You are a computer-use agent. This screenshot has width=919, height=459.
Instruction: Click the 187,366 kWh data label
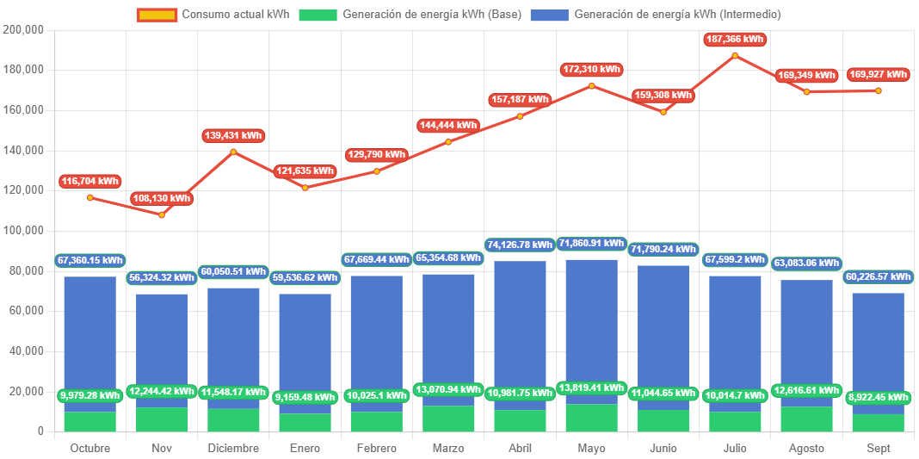(x=735, y=40)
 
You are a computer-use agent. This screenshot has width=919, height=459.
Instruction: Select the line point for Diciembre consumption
(x=233, y=152)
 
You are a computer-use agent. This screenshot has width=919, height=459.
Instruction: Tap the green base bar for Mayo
(x=591, y=418)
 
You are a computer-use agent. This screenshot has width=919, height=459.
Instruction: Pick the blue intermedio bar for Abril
(x=520, y=327)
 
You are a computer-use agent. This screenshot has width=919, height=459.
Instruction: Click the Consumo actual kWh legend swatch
(x=157, y=15)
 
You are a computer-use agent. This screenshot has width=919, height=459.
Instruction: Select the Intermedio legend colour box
(x=549, y=15)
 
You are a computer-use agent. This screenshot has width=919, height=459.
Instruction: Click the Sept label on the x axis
(x=879, y=448)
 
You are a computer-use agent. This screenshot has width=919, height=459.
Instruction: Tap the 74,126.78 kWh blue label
(x=520, y=245)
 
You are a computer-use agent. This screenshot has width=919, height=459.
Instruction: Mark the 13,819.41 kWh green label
(x=591, y=388)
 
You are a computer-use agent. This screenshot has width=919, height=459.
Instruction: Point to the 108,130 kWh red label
(x=162, y=199)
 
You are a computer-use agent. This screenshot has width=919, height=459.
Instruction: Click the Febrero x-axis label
(x=376, y=448)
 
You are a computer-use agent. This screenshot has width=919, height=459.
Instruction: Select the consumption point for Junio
(x=663, y=112)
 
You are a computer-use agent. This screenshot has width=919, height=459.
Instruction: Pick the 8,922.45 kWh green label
(x=879, y=397)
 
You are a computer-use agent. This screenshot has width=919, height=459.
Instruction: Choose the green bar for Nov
(x=162, y=419)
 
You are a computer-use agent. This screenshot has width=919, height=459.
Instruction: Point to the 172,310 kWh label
(x=591, y=69)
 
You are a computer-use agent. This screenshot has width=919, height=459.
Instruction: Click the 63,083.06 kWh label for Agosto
(x=806, y=263)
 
